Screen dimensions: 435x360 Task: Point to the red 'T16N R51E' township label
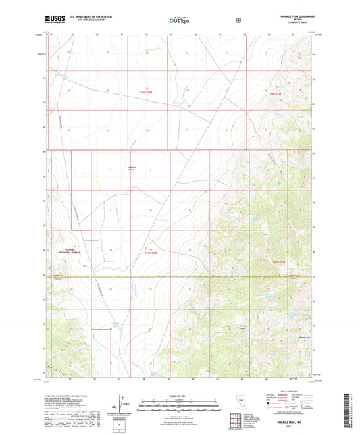point(273,93)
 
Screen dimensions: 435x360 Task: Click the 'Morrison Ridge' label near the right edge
point(304,336)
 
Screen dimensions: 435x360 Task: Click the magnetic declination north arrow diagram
point(120,407)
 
